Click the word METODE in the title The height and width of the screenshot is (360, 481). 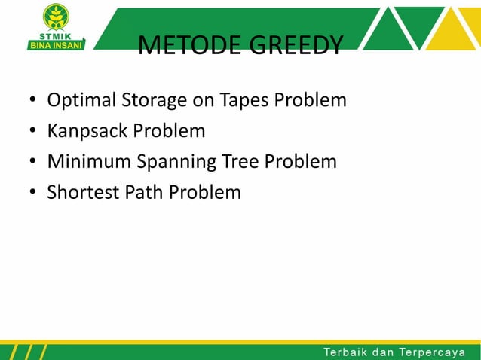(x=180, y=46)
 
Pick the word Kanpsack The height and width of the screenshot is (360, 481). (x=87, y=131)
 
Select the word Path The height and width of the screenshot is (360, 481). (x=143, y=192)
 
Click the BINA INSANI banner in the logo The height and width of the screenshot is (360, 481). (x=57, y=44)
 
